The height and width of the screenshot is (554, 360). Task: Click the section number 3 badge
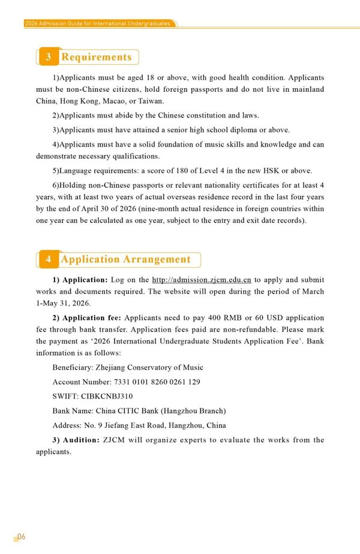point(48,57)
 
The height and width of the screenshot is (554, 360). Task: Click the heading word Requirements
point(97,57)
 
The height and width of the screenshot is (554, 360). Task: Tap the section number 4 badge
point(48,259)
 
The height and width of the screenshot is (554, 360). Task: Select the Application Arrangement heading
point(125,259)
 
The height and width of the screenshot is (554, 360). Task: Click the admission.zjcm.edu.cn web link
point(202,280)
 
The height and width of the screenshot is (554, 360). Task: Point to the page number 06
point(20,537)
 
